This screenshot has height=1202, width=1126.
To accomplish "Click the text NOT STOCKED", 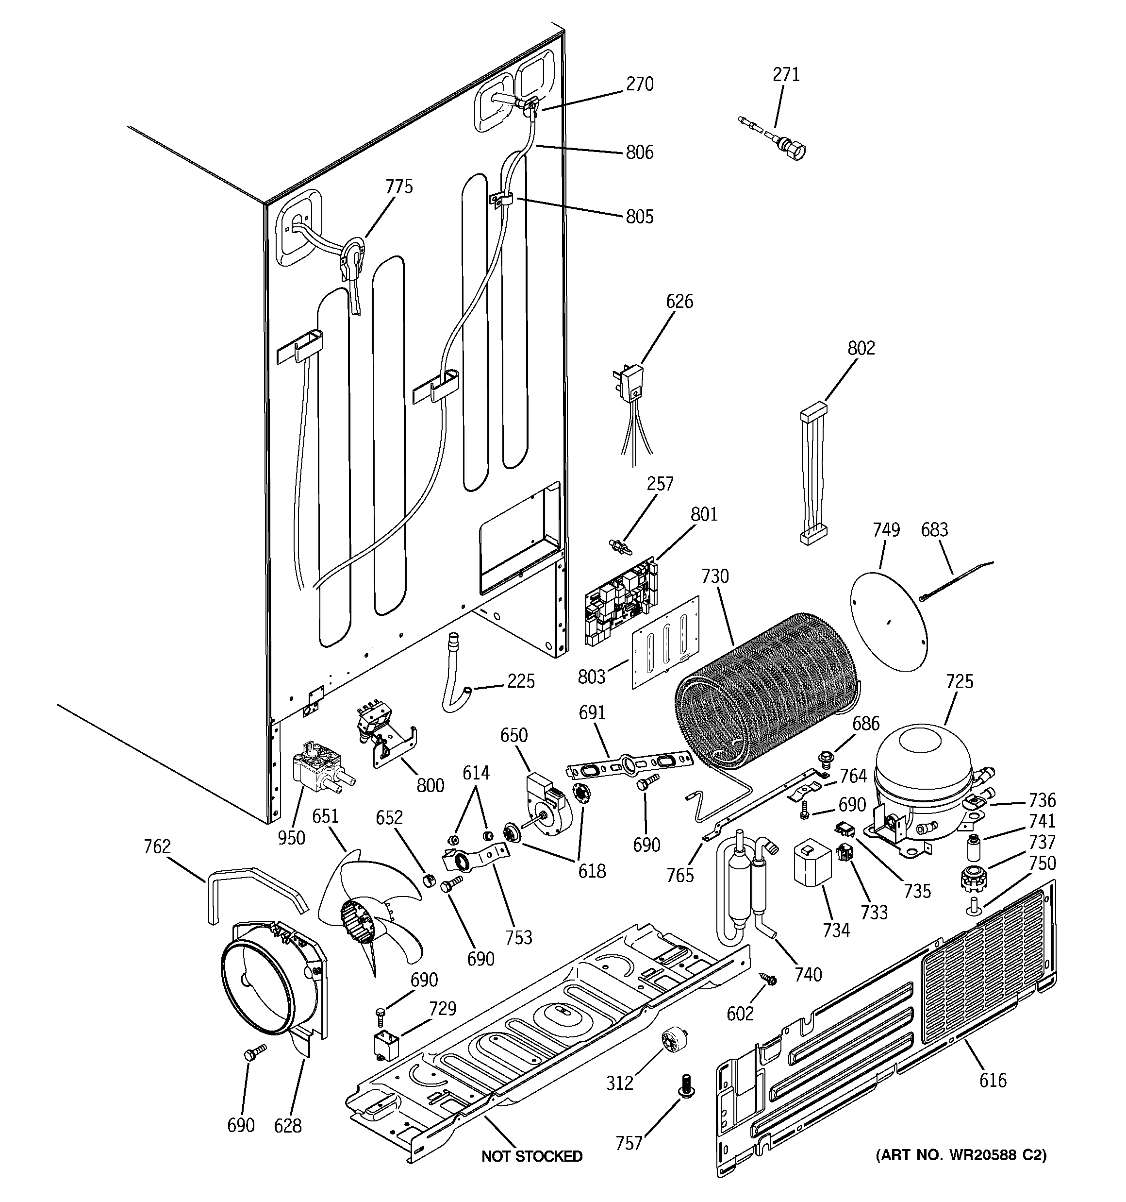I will [532, 1156].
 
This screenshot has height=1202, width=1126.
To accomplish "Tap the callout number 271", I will [786, 74].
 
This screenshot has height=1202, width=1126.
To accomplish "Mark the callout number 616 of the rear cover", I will [993, 1080].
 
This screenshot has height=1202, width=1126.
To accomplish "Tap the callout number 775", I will [399, 187].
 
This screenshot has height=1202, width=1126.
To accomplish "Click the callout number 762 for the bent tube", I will [157, 846].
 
